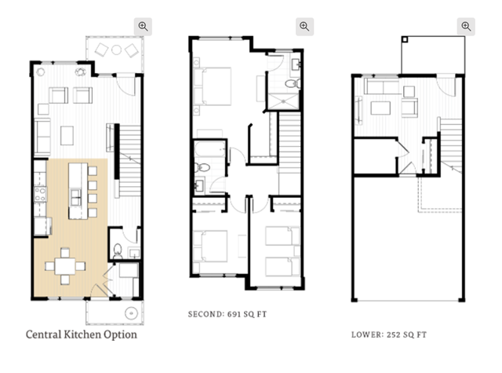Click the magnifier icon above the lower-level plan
point(466,26)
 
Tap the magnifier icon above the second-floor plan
point(304,26)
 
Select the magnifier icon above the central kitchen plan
point(143,26)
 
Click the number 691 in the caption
point(234,314)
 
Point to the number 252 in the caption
point(393,335)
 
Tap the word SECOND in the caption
point(206,314)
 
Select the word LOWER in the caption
point(367,335)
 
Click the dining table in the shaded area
point(65,266)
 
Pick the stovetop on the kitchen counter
point(40,195)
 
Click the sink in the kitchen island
point(75,197)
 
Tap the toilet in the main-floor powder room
point(118,250)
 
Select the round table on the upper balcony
point(116,49)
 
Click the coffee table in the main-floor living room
point(67,136)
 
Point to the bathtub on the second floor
point(209,150)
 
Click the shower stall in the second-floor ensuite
point(283,101)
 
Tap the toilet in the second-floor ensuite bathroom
point(293,84)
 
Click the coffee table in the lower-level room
point(380,108)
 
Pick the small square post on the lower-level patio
point(405,39)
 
